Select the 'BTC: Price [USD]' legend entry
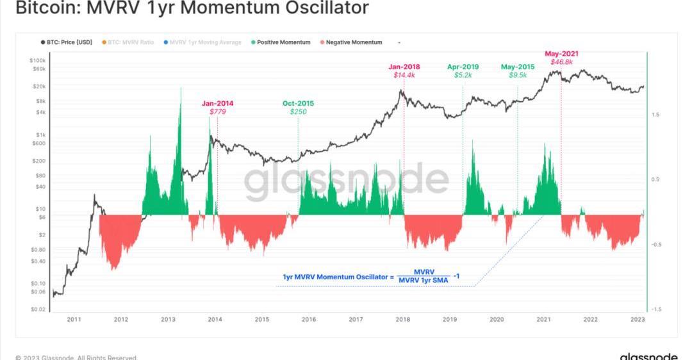pos(69,42)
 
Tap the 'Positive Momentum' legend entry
pos(283,42)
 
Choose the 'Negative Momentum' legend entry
pos(354,42)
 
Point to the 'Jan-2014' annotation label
pos(218,103)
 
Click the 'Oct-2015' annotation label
pos(298,103)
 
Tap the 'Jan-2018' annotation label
pos(404,66)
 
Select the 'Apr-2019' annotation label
pos(463,66)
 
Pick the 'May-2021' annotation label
pos(561,53)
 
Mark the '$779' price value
pos(218,112)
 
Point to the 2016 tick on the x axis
pos(309,319)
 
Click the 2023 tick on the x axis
pos(638,319)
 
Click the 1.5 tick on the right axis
pos(656,115)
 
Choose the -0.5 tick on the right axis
pos(656,245)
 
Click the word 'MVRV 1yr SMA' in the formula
pos(424,280)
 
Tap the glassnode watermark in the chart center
pos(346,181)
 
